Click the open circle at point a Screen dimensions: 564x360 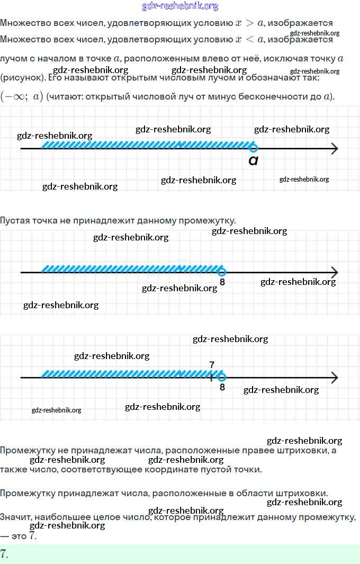point(254,148)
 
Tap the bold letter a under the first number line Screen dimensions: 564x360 point(254,160)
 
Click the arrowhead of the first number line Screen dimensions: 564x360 point(334,149)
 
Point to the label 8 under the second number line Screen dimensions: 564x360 point(222,283)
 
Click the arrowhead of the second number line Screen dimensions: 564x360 point(334,272)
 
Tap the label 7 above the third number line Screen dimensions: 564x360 point(212,365)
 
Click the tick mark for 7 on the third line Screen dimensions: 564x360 point(211,377)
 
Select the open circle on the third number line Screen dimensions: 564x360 point(222,377)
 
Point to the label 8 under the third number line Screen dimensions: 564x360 point(222,387)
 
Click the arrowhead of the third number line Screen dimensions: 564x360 point(334,377)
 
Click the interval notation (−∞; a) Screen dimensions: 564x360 point(22,97)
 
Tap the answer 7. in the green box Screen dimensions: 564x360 point(4,554)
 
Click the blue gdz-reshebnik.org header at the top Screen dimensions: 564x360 point(180,6)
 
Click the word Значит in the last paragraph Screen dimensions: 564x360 point(15,516)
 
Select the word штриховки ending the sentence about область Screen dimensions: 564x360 point(302,493)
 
